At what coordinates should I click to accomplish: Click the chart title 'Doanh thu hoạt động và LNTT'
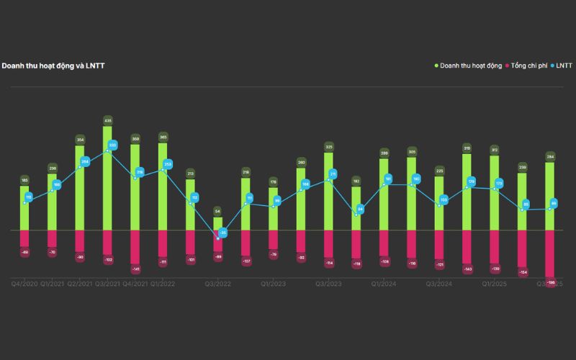53,66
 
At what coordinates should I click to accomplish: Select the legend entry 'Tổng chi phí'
529,66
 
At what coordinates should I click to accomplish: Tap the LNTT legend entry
562,66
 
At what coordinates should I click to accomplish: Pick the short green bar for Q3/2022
218,223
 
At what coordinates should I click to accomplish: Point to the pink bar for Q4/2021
135,246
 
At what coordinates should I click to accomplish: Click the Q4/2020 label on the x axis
25,284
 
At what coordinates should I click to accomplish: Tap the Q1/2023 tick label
274,284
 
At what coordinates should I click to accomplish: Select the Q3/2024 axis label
439,284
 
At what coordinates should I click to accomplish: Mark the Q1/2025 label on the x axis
495,284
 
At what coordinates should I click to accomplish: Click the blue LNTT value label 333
112,145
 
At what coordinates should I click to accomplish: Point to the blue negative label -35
222,233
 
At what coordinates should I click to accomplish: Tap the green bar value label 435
108,120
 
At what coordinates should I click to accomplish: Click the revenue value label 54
218,211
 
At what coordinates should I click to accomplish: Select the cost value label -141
135,269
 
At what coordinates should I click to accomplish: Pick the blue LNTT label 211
333,174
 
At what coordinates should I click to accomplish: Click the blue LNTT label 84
360,209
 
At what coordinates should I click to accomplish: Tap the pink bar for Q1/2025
495,246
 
